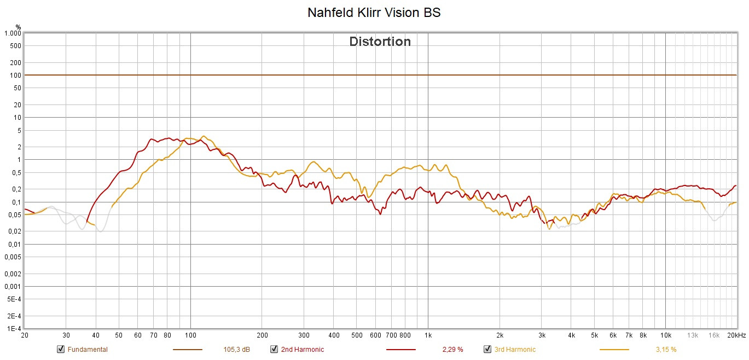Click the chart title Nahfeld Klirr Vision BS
pyautogui.click(x=374, y=13)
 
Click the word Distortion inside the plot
pyautogui.click(x=380, y=42)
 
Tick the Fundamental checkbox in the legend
pyautogui.click(x=60, y=349)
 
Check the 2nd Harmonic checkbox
pyautogui.click(x=274, y=349)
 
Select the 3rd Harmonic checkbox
pyautogui.click(x=487, y=349)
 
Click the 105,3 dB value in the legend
pyautogui.click(x=237, y=349)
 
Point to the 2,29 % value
pyautogui.click(x=452, y=349)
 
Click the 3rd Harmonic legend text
pyautogui.click(x=515, y=349)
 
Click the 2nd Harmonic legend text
pyautogui.click(x=302, y=349)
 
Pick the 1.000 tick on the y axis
pyautogui.click(x=13, y=33)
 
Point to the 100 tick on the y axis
pyautogui.click(x=15, y=75)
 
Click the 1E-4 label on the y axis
pyautogui.click(x=14, y=329)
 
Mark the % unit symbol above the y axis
pyautogui.click(x=18, y=26)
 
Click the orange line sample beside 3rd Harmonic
pyautogui.click(x=614, y=349)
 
